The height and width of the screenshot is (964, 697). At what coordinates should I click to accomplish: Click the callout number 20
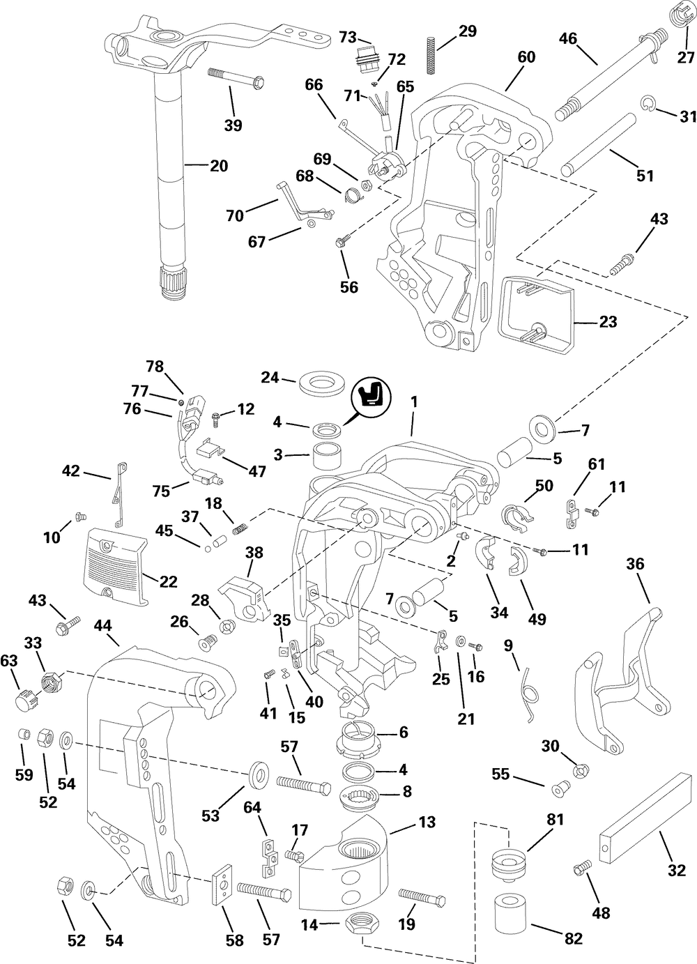click(x=219, y=166)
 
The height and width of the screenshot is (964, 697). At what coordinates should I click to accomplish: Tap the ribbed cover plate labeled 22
click(x=119, y=557)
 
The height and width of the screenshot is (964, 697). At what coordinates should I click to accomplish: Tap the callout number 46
click(x=568, y=38)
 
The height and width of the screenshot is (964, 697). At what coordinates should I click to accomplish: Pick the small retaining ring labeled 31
click(x=647, y=105)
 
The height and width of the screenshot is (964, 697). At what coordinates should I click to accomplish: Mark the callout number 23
click(x=608, y=323)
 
